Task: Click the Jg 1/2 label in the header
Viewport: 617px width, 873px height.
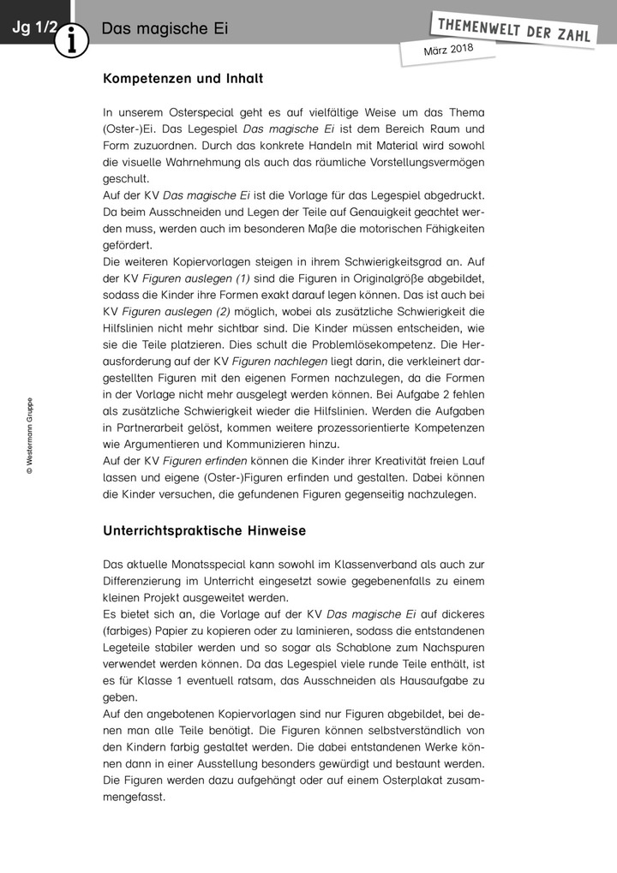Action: click(33, 29)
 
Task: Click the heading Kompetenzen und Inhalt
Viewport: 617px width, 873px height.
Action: click(183, 79)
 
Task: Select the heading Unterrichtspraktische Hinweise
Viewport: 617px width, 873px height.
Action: click(204, 530)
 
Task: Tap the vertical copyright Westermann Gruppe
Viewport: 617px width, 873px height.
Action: click(29, 435)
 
